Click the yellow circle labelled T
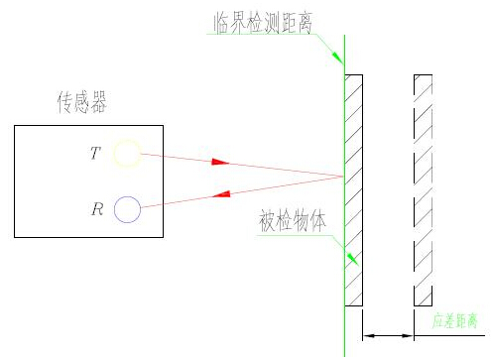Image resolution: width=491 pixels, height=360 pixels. coord(126,154)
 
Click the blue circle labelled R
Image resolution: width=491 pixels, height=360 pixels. coord(126,209)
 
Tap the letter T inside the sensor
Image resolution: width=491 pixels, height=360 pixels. coord(93,154)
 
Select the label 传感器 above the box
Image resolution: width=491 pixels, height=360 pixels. coord(84,101)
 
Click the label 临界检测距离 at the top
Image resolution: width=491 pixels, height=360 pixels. coord(260,23)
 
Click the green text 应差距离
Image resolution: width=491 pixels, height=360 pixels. coord(455,322)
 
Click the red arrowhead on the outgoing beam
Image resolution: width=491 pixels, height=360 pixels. coord(219,162)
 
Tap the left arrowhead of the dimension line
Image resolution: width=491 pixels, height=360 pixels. coord(369,336)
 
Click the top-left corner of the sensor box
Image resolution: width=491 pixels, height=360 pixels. coord(15,125)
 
